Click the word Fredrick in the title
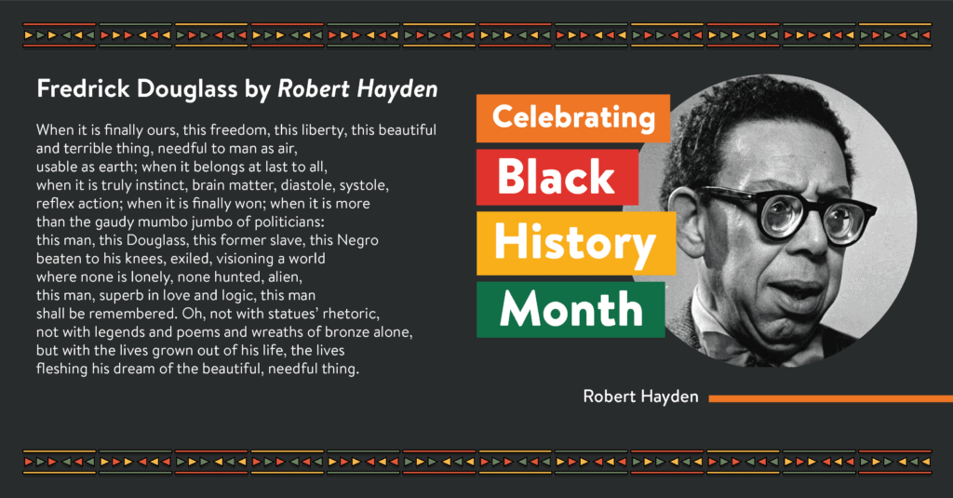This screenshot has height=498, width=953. click(83, 88)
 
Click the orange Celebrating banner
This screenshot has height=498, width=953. click(573, 118)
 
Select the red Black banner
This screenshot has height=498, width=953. click(557, 177)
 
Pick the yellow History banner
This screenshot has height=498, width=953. click(576, 243)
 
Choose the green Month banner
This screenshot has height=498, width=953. click(570, 309)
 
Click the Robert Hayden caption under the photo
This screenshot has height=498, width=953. click(640, 397)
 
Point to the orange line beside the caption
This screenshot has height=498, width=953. click(831, 399)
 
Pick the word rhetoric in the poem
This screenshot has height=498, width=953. click(351, 315)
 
